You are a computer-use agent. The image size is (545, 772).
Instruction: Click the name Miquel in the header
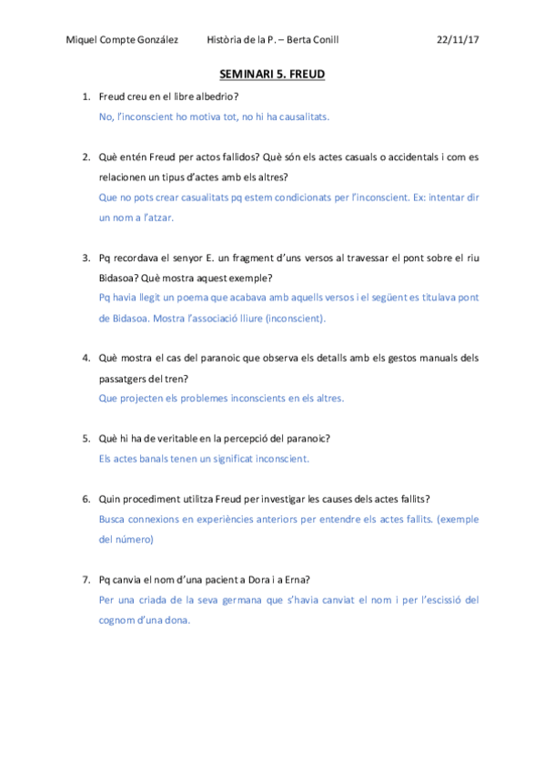(82, 40)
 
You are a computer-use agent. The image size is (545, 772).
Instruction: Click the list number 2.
(86, 157)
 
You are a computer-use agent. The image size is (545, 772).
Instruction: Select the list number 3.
(86, 258)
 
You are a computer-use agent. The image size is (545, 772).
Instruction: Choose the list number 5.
(86, 438)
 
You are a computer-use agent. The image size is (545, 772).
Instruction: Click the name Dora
(243, 579)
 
